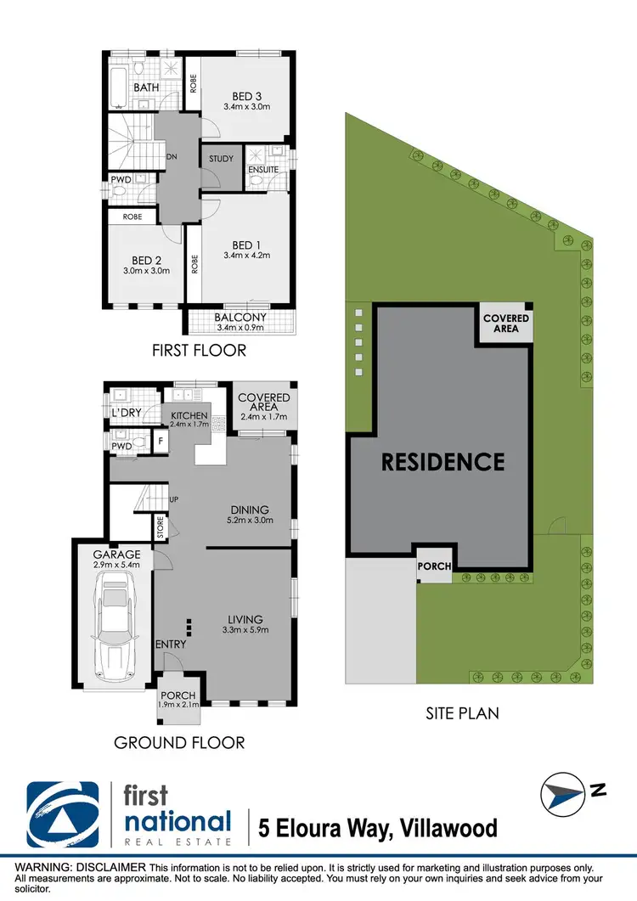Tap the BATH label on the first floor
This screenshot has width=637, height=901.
click(x=147, y=87)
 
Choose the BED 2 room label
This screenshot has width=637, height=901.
click(x=146, y=260)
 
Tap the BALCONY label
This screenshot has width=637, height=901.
click(x=241, y=318)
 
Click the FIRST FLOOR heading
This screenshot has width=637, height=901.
click(x=199, y=350)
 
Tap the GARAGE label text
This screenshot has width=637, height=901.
click(x=118, y=555)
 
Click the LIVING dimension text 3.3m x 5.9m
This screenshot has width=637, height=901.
click(x=245, y=630)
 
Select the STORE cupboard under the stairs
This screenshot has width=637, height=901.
click(x=160, y=527)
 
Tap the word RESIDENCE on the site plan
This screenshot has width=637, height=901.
click(x=443, y=461)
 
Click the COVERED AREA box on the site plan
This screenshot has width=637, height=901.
click(x=506, y=324)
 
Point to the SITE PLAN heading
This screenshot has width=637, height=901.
click(x=462, y=713)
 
